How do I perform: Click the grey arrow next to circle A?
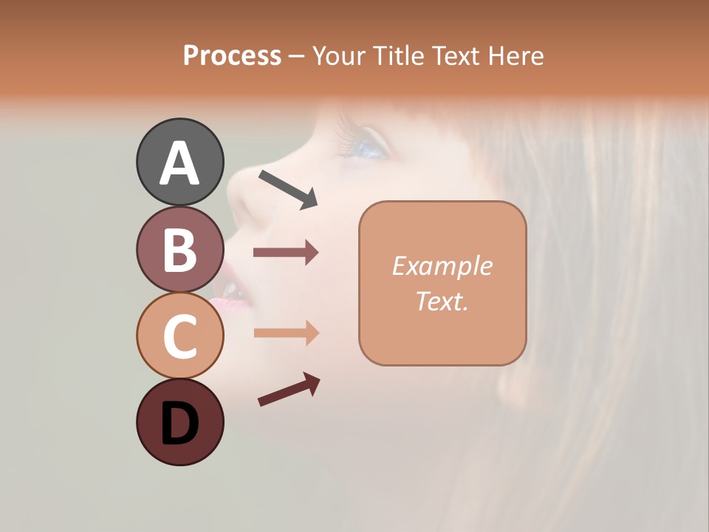[x=288, y=188]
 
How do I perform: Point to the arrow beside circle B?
[x=286, y=253]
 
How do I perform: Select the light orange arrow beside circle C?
[x=286, y=333]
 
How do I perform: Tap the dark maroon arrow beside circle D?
[x=289, y=389]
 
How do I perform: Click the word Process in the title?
[x=232, y=55]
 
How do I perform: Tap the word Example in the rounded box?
[x=442, y=266]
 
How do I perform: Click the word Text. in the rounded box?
[x=442, y=301]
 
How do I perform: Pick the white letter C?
[x=180, y=336]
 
